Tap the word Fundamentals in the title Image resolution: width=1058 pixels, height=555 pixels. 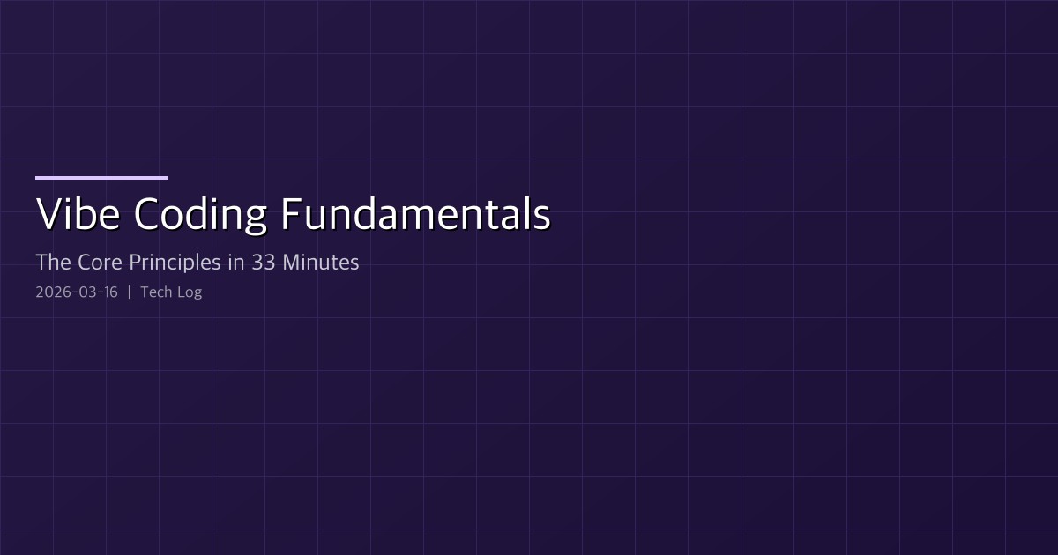(x=416, y=214)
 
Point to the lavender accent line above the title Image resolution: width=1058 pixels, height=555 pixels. (x=101, y=178)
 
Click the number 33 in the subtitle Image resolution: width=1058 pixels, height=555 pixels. (x=263, y=262)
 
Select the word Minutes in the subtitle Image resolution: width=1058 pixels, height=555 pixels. (x=321, y=262)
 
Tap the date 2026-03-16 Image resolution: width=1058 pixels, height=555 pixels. (x=77, y=292)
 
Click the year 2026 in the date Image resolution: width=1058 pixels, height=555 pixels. (x=51, y=292)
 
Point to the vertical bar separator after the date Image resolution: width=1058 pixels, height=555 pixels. (x=130, y=292)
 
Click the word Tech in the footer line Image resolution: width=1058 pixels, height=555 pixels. (x=156, y=292)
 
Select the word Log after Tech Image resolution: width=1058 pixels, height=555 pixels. (x=190, y=292)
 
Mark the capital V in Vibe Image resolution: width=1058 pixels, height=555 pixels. (x=48, y=214)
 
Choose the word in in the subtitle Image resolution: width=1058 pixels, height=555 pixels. (x=235, y=262)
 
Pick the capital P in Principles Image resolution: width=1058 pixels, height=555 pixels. (x=135, y=262)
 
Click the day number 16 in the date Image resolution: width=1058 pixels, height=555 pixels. (x=110, y=292)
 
